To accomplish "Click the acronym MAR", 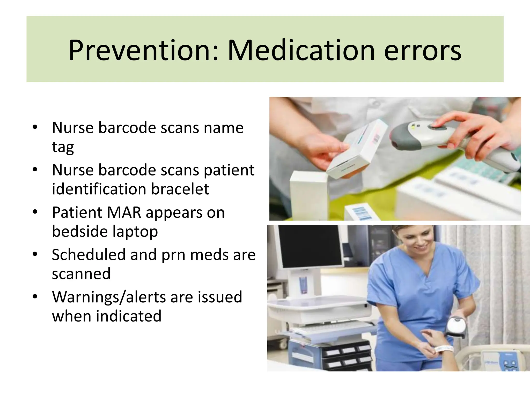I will [124, 212].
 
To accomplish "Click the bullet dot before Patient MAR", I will [35, 212].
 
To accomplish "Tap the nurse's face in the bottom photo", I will [418, 239].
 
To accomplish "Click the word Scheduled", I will [89, 255].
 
